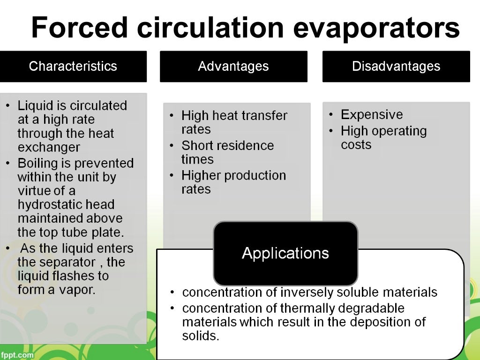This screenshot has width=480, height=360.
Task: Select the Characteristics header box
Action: (x=73, y=66)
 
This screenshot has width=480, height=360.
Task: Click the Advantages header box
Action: (x=233, y=66)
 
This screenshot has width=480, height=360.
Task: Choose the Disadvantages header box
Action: (x=396, y=66)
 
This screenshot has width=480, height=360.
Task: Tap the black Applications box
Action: (x=285, y=253)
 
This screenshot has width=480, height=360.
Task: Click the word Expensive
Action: (x=372, y=115)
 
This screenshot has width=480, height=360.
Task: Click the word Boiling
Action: (x=37, y=164)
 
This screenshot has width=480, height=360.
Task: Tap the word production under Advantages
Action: (x=254, y=175)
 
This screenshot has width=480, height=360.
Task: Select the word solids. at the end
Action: (x=200, y=336)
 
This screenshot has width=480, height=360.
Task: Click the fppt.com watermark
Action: (x=17, y=355)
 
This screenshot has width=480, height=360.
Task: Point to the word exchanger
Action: (x=49, y=148)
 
